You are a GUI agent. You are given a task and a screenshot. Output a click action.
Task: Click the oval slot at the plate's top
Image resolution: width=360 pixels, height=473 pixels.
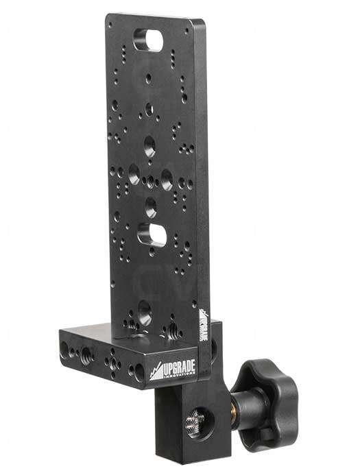(150, 37)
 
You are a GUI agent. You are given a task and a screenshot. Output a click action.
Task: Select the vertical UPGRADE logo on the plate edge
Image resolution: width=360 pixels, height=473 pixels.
(204, 325)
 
